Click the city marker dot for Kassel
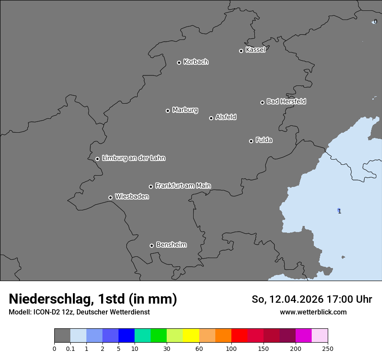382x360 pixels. (x=241, y=51)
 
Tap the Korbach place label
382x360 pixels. (x=196, y=62)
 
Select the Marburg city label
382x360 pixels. (x=185, y=110)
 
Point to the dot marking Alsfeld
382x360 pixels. (x=211, y=118)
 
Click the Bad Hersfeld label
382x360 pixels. (x=286, y=101)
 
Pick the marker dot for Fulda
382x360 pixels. (x=251, y=141)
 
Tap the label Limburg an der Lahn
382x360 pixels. (x=133, y=158)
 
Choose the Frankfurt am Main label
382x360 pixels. (x=183, y=186)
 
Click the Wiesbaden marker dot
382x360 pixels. (x=110, y=197)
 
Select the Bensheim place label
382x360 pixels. (x=171, y=245)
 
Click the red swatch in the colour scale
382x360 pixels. (x=239, y=336)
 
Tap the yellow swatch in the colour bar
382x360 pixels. (x=191, y=336)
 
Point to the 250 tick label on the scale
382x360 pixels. (x=328, y=348)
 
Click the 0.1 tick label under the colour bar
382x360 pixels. (x=70, y=348)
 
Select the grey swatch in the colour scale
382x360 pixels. (x=62, y=336)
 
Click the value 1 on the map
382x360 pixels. (x=339, y=211)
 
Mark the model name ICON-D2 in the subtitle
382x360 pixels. (x=46, y=312)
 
